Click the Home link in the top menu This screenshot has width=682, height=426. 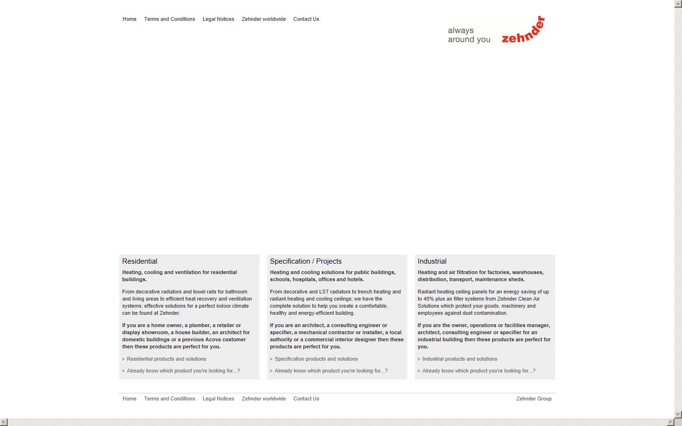coord(129,19)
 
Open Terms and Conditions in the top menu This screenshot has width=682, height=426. coord(170,19)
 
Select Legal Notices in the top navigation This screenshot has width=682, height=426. coord(218,19)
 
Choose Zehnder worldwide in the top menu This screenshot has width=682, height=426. coord(264,19)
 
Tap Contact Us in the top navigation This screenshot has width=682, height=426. coord(306,19)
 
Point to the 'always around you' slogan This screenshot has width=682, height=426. coord(469,35)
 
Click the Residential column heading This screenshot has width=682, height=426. coord(140,261)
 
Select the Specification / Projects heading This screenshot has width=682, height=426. coord(305,261)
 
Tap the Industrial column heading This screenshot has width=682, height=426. coord(432,261)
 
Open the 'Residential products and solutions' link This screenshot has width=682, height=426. coord(166,359)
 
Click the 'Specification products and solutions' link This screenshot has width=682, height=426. coord(316,359)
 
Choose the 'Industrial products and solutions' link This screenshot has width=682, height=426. coord(459,359)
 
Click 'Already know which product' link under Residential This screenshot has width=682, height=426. coord(183,371)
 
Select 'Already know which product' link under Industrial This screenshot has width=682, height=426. coord(479,371)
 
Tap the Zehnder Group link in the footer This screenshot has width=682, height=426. coord(534,399)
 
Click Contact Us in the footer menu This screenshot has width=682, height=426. coord(306,399)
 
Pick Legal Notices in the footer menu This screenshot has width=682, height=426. coord(218,399)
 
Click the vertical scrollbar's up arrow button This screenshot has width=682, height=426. coord(678,4)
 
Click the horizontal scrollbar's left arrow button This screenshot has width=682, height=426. coord(4,422)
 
